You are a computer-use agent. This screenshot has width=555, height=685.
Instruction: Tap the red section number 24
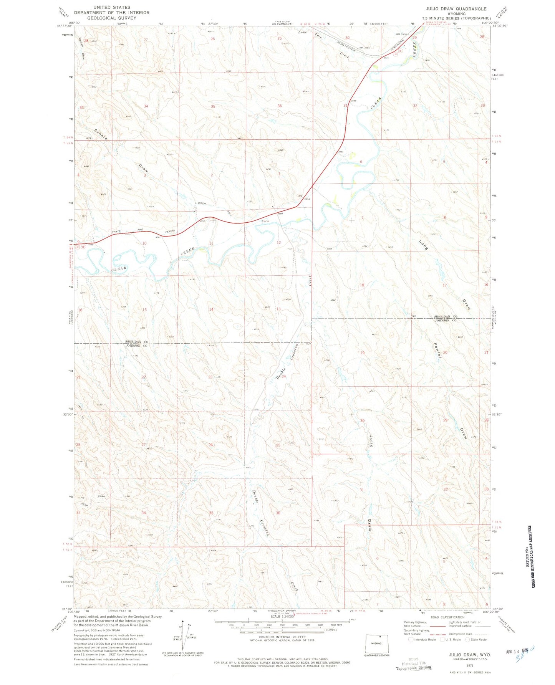click(x=284, y=377)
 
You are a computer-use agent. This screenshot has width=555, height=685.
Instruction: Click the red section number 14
click(x=211, y=309)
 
